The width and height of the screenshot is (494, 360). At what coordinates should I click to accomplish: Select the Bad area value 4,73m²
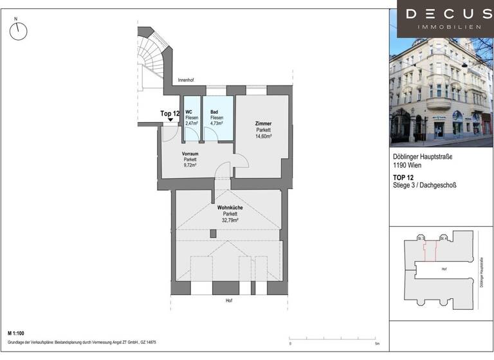[217, 123]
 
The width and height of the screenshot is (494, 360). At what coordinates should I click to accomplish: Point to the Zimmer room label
[262, 123]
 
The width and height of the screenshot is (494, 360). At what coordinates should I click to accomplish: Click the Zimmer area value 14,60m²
[262, 136]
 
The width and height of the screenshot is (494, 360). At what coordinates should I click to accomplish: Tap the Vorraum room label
[189, 154]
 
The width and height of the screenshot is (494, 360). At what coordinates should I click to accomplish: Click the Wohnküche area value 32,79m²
[230, 220]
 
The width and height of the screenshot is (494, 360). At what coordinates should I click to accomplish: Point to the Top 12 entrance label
[170, 113]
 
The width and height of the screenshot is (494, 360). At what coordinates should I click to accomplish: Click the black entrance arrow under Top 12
[170, 120]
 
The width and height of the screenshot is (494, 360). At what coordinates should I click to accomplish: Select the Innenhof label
[186, 80]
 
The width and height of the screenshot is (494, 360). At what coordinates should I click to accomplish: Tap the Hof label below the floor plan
[228, 301]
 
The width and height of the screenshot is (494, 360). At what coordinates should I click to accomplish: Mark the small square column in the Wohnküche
[213, 233]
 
